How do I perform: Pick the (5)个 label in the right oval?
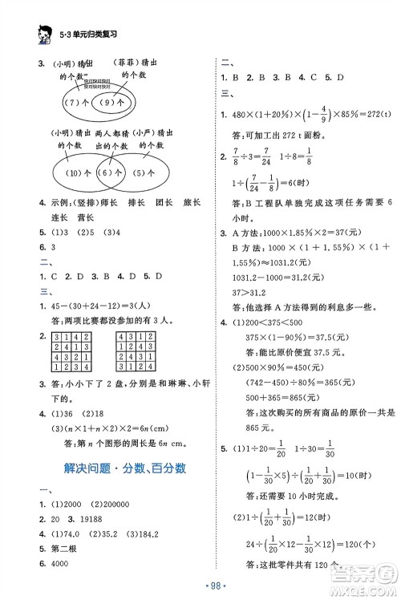coord(147,172)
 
